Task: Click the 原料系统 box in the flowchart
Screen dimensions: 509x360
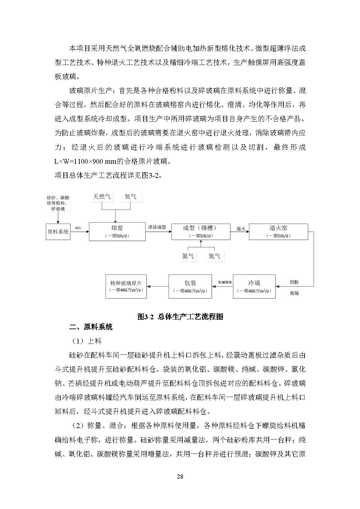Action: click(58, 232)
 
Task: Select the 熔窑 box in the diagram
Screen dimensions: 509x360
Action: click(117, 232)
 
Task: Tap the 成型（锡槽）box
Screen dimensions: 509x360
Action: click(201, 232)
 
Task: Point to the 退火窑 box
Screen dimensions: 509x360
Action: click(278, 232)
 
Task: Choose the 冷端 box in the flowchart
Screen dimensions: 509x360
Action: click(254, 286)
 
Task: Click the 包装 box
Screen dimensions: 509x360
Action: click(190, 286)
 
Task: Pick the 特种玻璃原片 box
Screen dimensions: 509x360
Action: click(126, 286)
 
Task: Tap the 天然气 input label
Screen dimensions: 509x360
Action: click(102, 196)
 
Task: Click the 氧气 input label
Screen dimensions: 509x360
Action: click(131, 196)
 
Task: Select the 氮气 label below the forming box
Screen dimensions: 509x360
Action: click(188, 256)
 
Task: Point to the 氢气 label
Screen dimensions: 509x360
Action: click(214, 256)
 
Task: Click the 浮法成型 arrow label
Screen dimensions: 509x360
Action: click(157, 227)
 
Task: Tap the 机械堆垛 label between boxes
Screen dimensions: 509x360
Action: click(225, 282)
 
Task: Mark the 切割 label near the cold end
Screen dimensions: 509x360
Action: click(294, 282)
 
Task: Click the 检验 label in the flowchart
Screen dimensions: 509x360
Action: click(294, 293)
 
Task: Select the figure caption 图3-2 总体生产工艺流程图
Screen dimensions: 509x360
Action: click(180, 317)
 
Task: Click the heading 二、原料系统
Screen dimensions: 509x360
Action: click(91, 327)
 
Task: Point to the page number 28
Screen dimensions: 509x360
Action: click(180, 476)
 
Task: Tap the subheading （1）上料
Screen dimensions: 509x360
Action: click(86, 341)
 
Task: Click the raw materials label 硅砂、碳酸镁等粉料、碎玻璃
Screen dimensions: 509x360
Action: click(58, 203)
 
